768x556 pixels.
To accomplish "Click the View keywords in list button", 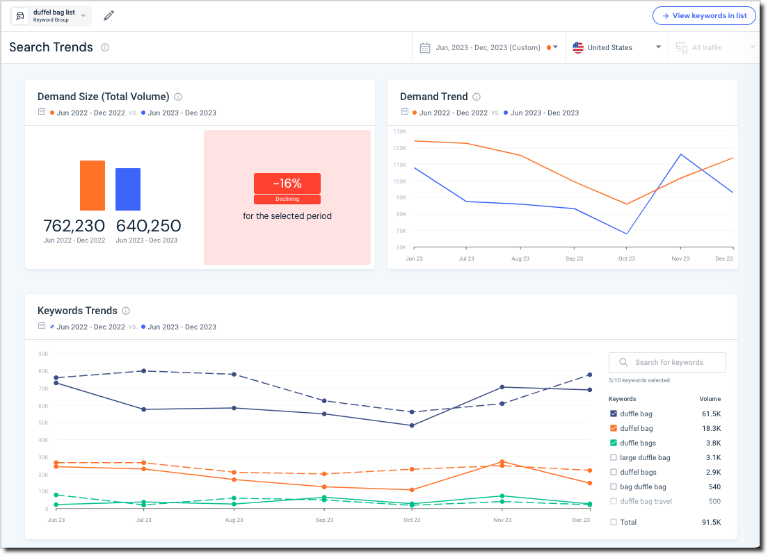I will pyautogui.click(x=703, y=15).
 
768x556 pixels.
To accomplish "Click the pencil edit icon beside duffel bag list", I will pyautogui.click(x=109, y=15).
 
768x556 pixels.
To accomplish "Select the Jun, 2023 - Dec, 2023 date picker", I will pyautogui.click(x=487, y=47).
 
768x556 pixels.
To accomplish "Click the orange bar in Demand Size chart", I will pyautogui.click(x=93, y=186).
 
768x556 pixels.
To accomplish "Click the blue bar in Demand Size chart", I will pyautogui.click(x=128, y=189).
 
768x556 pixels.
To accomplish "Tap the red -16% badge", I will pyautogui.click(x=287, y=183).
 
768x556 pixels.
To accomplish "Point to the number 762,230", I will pyautogui.click(x=74, y=226).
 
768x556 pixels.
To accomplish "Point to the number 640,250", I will pyautogui.click(x=148, y=226).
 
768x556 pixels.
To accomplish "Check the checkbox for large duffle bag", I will pyautogui.click(x=613, y=457).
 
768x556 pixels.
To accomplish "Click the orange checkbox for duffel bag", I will pyautogui.click(x=613, y=428).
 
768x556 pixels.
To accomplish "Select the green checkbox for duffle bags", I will pyautogui.click(x=613, y=443).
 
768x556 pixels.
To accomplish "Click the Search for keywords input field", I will pyautogui.click(x=668, y=362).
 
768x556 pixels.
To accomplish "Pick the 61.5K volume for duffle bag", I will pyautogui.click(x=710, y=414).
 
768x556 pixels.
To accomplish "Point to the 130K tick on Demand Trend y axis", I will pyautogui.click(x=399, y=131).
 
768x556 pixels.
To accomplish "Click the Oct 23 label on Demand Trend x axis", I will pyautogui.click(x=626, y=259).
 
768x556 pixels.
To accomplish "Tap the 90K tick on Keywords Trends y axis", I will pyautogui.click(x=42, y=354).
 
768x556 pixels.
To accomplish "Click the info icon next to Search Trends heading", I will pyautogui.click(x=105, y=47).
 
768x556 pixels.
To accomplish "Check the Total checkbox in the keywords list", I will pyautogui.click(x=613, y=522).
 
